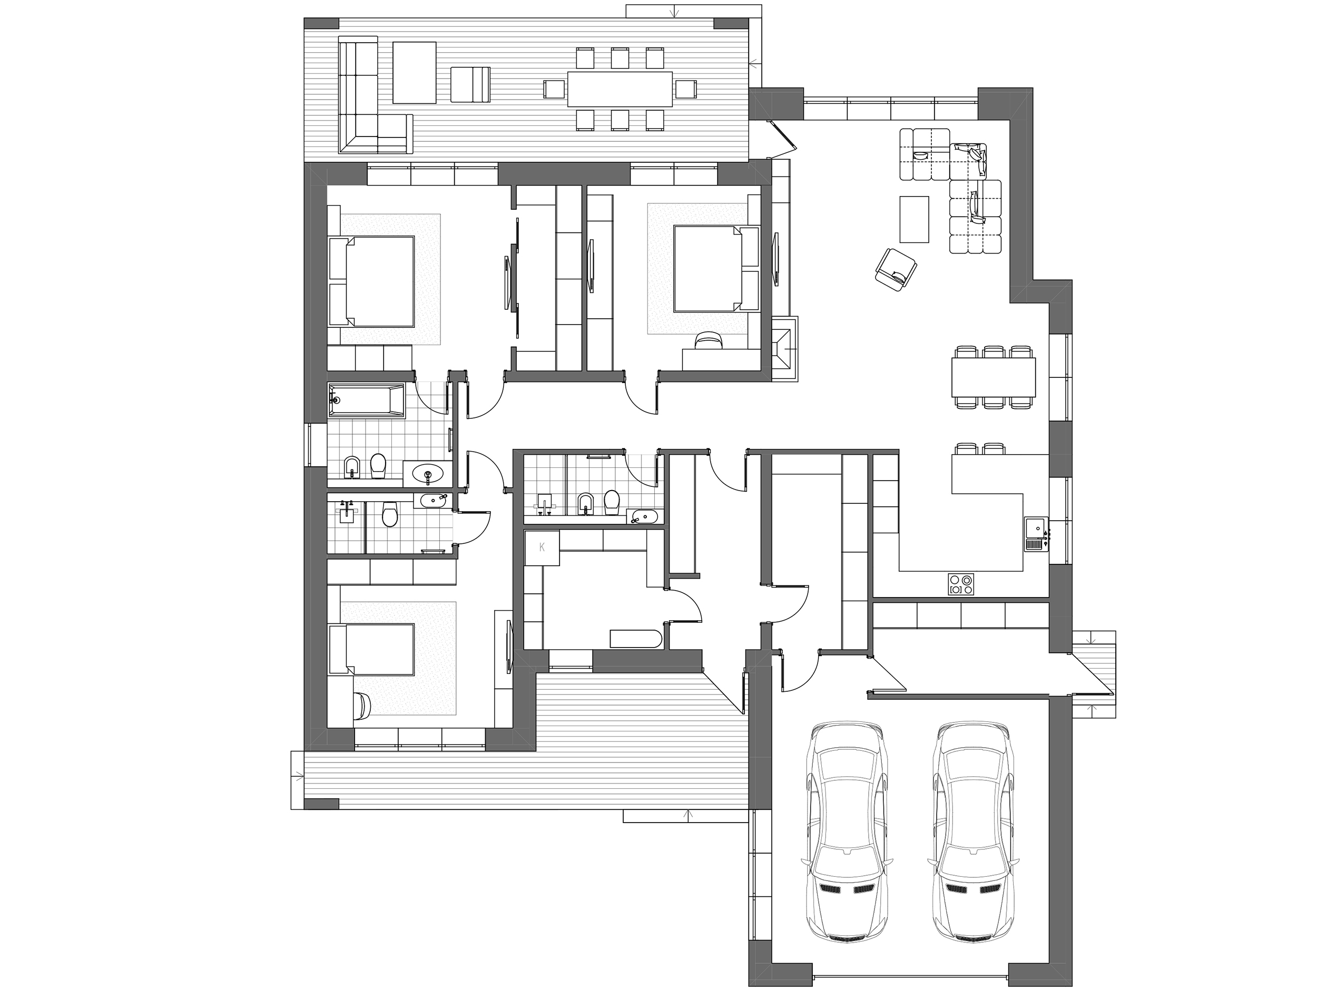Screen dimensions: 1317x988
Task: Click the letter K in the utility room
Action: [x=542, y=548]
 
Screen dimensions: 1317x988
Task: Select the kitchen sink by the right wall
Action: [x=1036, y=534]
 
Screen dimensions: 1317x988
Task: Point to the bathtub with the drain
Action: [x=366, y=400]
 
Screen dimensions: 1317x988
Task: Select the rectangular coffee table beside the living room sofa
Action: [x=914, y=219]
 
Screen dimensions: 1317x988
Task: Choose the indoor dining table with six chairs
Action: [x=994, y=377]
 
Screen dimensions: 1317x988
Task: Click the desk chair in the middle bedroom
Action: [x=709, y=339]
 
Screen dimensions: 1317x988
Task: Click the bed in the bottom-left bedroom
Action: [x=371, y=649]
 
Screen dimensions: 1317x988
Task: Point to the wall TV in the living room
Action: [x=776, y=260]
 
